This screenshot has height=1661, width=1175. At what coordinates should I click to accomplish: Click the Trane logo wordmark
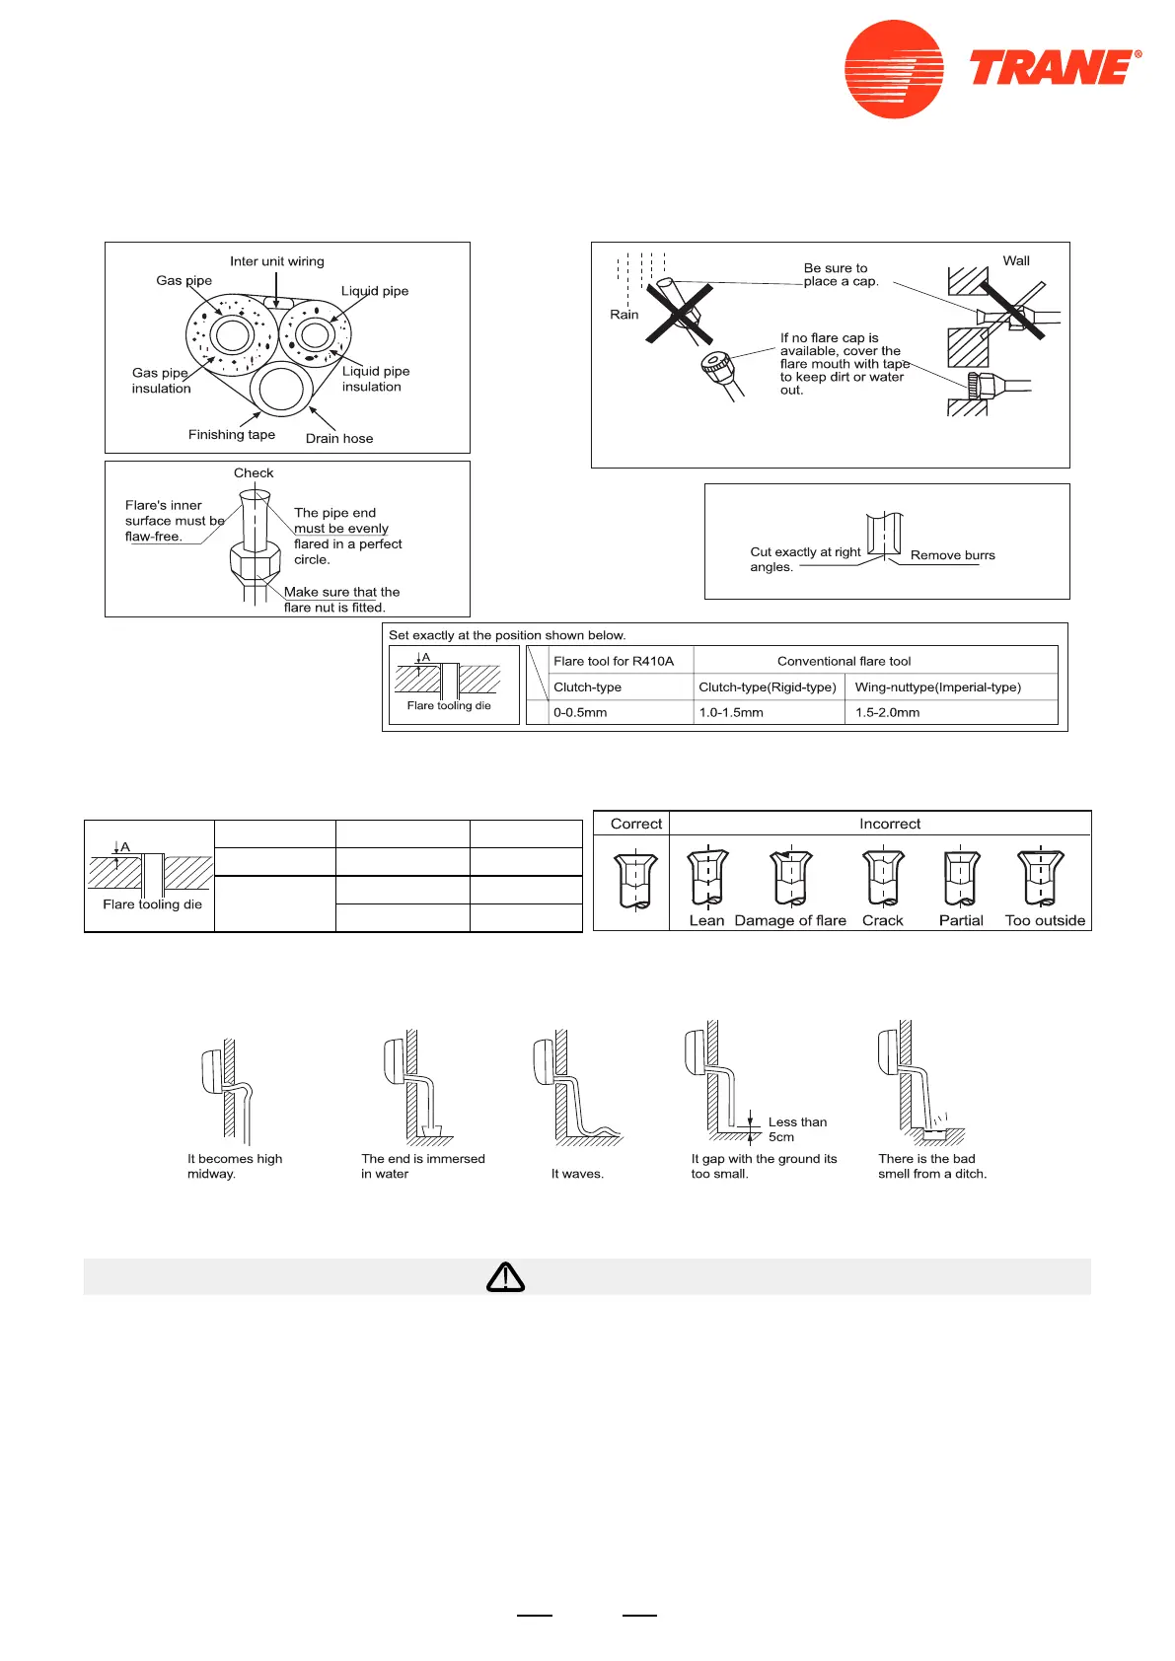click(x=1053, y=68)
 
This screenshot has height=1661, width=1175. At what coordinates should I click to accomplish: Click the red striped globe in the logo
click(x=894, y=69)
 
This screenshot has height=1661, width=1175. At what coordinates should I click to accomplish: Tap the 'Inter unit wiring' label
click(x=277, y=261)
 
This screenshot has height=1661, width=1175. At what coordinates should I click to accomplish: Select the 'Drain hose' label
click(x=339, y=439)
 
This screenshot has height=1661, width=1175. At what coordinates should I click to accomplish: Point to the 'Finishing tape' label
click(x=232, y=435)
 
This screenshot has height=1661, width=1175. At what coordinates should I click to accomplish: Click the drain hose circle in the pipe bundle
click(x=281, y=390)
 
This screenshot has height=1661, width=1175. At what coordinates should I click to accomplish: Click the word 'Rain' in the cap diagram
click(x=624, y=315)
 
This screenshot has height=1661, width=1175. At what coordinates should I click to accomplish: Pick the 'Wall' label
click(x=1016, y=261)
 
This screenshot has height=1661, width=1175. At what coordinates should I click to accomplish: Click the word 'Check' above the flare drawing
click(x=254, y=473)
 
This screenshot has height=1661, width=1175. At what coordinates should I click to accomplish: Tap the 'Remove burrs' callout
click(x=952, y=555)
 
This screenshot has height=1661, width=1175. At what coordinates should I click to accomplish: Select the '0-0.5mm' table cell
click(x=580, y=712)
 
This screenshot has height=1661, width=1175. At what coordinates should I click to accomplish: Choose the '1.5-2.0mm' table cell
click(x=887, y=712)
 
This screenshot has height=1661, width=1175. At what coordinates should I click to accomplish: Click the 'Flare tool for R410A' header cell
click(x=614, y=661)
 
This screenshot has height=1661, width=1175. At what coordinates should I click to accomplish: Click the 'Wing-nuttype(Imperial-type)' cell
click(x=937, y=687)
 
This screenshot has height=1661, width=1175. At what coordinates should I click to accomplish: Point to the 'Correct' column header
click(x=636, y=824)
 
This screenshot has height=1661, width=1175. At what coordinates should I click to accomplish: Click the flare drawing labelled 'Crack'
click(x=883, y=878)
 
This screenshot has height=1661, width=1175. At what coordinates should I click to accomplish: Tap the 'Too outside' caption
click(x=1045, y=920)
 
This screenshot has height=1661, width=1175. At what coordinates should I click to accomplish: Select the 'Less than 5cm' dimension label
click(x=797, y=1129)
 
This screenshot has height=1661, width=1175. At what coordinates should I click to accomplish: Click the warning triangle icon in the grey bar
click(x=505, y=1277)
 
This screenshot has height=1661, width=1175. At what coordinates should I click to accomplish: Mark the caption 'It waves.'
click(x=577, y=1174)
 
